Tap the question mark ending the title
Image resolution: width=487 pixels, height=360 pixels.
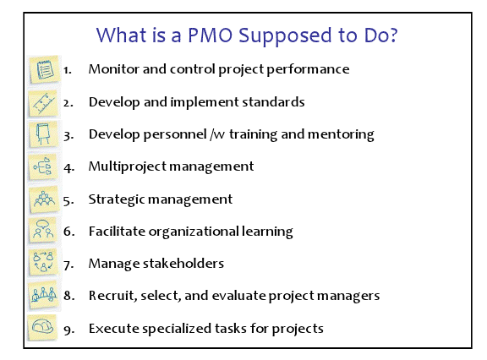(394, 36)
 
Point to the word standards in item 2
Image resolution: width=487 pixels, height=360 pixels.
(276, 102)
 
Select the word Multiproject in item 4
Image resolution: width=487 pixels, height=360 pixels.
(125, 166)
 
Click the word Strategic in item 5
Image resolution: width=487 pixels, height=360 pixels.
(116, 199)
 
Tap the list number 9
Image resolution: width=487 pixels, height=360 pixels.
(68, 328)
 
